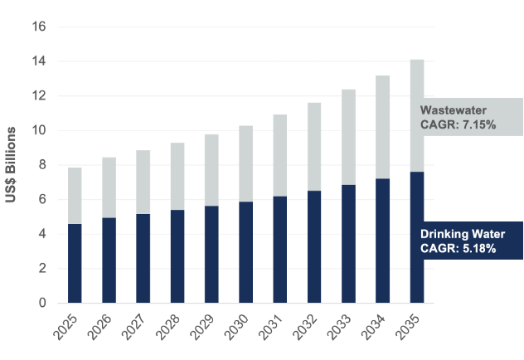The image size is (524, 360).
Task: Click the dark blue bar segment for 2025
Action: [x=75, y=263]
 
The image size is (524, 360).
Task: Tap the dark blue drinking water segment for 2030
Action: [x=245, y=252]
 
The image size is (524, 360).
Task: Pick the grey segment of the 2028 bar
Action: [x=177, y=176]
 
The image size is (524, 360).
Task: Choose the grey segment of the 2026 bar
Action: [x=109, y=187]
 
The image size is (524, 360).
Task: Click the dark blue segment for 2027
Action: [x=143, y=258]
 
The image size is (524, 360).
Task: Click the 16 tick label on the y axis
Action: [x=38, y=27]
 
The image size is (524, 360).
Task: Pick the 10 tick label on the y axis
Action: [x=38, y=130]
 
